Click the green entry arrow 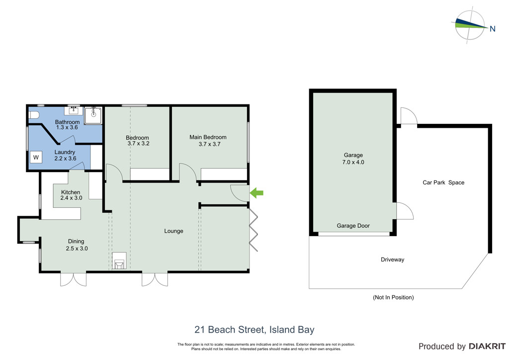click(x=256, y=193)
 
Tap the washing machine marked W click(x=36, y=158)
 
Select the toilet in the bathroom click(x=34, y=115)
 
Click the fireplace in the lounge click(x=119, y=261)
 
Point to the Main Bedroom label click(x=208, y=137)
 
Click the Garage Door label click(x=353, y=226)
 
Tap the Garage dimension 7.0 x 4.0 click(x=353, y=162)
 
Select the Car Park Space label click(x=443, y=182)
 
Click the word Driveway click(x=393, y=260)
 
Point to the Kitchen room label click(x=71, y=192)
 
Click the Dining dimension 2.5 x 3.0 click(x=77, y=248)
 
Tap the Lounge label click(x=173, y=231)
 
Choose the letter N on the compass click(x=493, y=28)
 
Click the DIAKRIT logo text click(x=487, y=346)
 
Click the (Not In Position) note click(x=393, y=297)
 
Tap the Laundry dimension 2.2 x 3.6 click(x=65, y=159)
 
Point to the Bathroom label click(x=67, y=122)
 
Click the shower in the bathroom click(x=93, y=116)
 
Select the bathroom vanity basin click(x=74, y=111)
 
